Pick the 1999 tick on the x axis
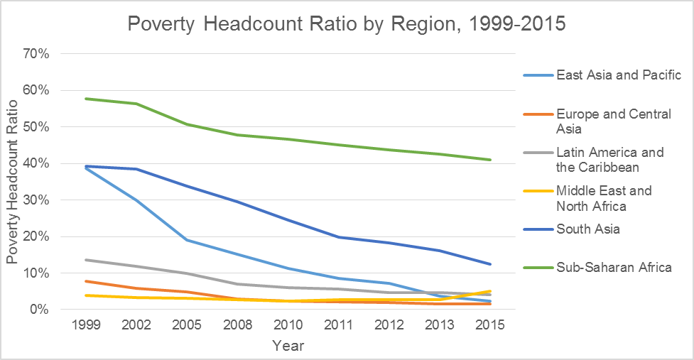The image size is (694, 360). pos(86,326)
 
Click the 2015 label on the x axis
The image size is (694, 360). pos(489,326)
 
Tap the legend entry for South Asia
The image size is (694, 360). pos(587,229)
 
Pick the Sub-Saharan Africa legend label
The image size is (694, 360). pos(614,267)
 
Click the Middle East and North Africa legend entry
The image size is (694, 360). pos(604,199)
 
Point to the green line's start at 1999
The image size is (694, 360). pos(86,99)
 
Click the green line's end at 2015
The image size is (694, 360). pos(489,160)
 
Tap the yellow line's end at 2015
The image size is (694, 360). pos(489,291)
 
